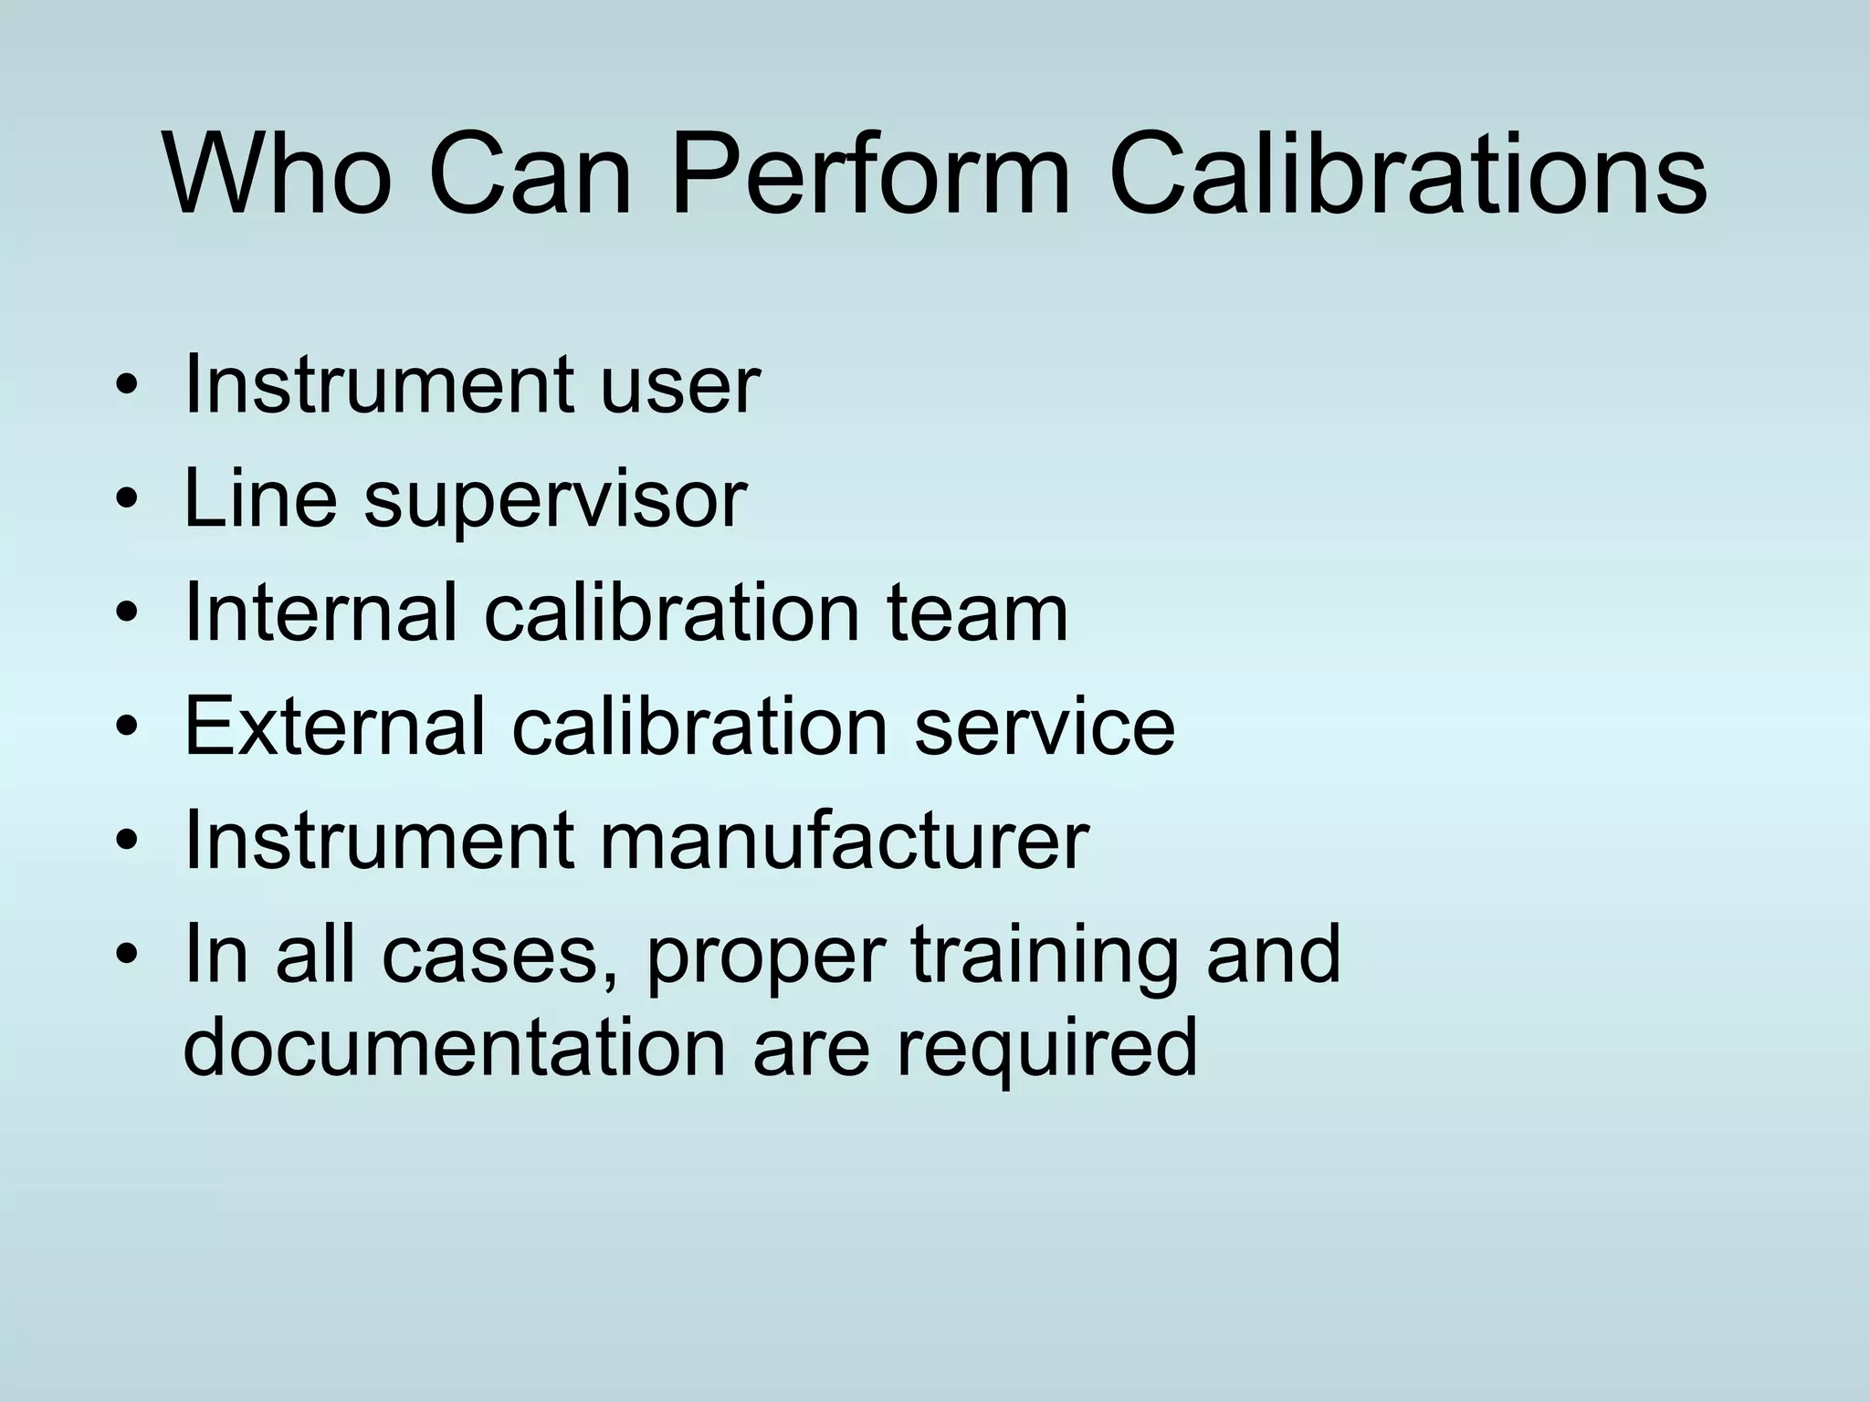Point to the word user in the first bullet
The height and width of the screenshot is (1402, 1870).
coord(679,385)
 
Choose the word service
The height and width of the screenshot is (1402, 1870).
coord(1045,727)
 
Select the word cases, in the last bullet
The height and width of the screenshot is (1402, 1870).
coord(488,957)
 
